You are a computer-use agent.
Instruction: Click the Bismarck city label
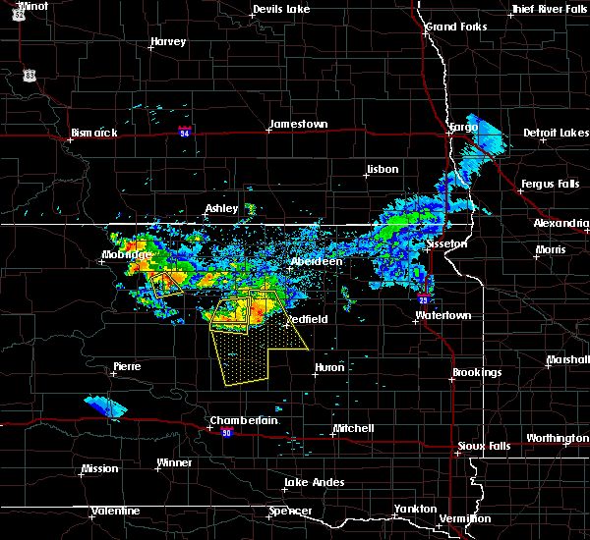coord(94,133)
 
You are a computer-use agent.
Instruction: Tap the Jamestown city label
coord(297,125)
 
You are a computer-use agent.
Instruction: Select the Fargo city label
coord(462,128)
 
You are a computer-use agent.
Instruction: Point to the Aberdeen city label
coord(316,262)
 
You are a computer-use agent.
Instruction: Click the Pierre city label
coord(127,366)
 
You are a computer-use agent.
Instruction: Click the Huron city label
coord(329,368)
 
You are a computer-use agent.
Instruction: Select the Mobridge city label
coord(127,255)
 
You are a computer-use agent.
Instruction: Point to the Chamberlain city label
coord(244,420)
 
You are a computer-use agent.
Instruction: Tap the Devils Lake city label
coord(281,9)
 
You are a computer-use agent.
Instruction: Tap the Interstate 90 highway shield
coord(227,433)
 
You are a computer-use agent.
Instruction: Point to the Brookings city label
coord(477,373)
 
